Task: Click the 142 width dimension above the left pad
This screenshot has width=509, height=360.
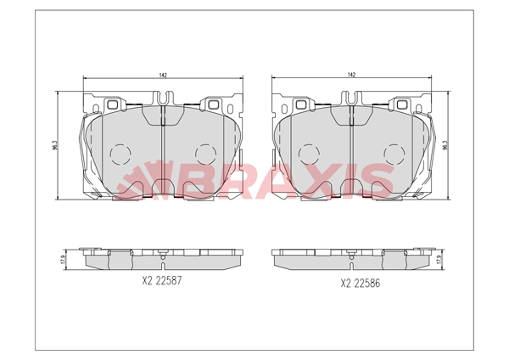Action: coord(163,75)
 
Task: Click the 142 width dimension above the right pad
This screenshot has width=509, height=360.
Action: coord(351,75)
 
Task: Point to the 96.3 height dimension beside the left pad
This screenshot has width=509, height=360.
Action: coord(54,145)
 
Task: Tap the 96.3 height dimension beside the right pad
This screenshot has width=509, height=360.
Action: coord(446,145)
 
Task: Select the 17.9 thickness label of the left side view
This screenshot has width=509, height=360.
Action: coord(63,259)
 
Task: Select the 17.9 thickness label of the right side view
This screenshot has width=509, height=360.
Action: coord(439,259)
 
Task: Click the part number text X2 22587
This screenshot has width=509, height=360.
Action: coord(162,280)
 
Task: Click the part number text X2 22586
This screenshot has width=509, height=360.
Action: coord(360,284)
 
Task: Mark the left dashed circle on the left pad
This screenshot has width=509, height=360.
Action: coord(120,154)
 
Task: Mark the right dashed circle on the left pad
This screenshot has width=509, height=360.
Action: coord(206,154)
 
